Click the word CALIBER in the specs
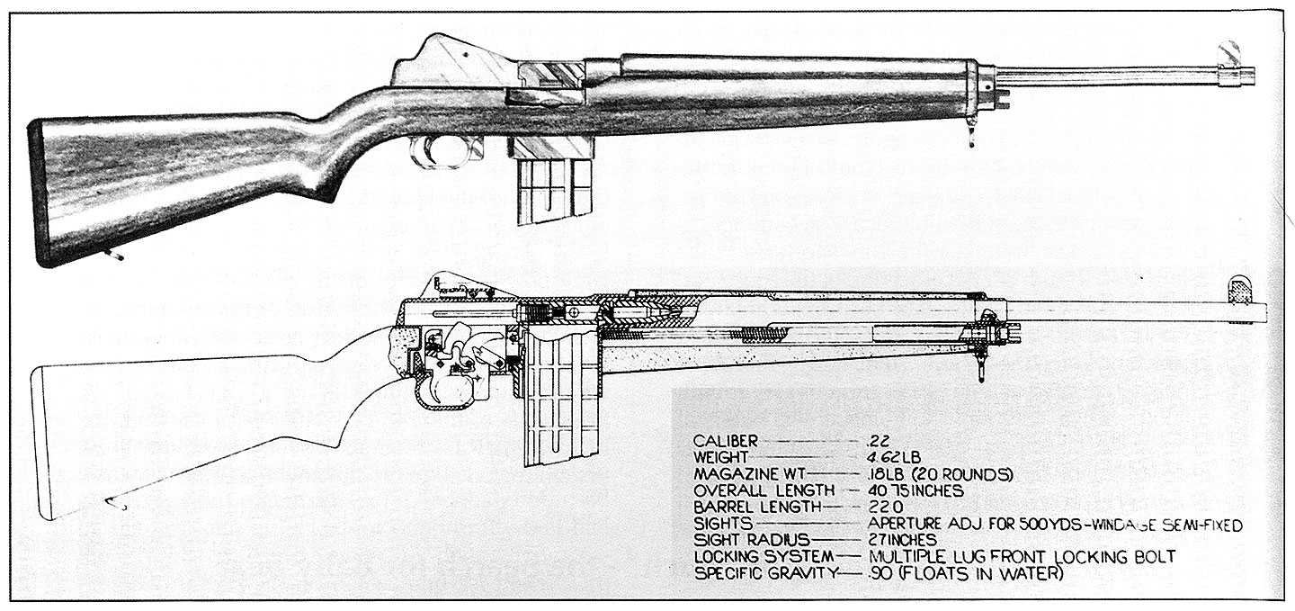pos(726,441)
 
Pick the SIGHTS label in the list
pos(722,523)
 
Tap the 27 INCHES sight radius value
pos(903,539)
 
